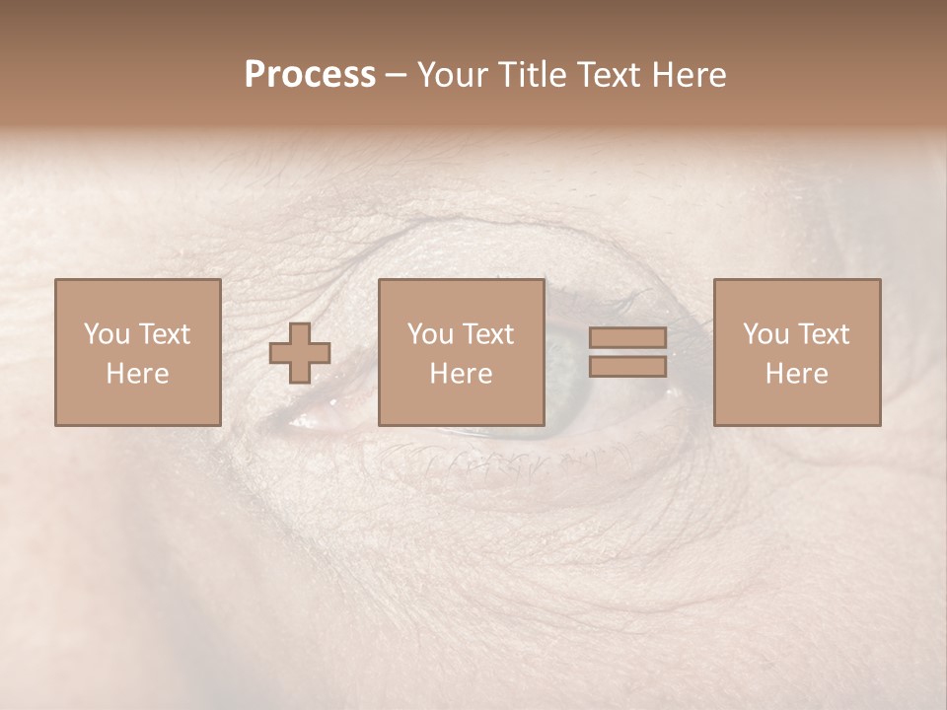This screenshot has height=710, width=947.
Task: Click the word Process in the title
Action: (x=310, y=75)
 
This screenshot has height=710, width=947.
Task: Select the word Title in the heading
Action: (x=531, y=75)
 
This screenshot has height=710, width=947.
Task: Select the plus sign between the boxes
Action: (x=300, y=353)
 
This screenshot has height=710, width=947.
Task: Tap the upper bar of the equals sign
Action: (x=627, y=338)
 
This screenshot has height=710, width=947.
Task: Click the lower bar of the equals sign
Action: (x=627, y=367)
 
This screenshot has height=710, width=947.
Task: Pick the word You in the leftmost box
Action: (x=105, y=334)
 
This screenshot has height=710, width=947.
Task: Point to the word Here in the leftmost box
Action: (x=137, y=374)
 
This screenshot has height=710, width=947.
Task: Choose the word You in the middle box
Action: (x=429, y=334)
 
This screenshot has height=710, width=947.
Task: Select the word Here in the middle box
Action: (x=462, y=374)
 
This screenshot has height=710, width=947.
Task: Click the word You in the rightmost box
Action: (x=765, y=334)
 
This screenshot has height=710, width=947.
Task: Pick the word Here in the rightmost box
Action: (x=797, y=374)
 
